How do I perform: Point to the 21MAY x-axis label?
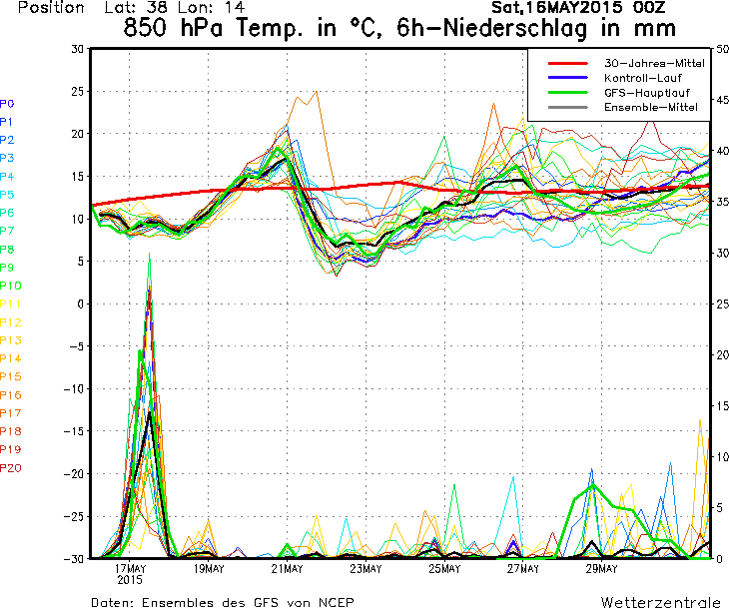pos(287,569)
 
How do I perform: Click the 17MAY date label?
pos(130,569)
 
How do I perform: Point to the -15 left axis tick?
pos(74,431)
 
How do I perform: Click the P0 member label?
pos(7,104)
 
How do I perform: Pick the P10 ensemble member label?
pos(10,286)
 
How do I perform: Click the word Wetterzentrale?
pos(660,603)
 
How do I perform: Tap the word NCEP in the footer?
pos(333,603)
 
